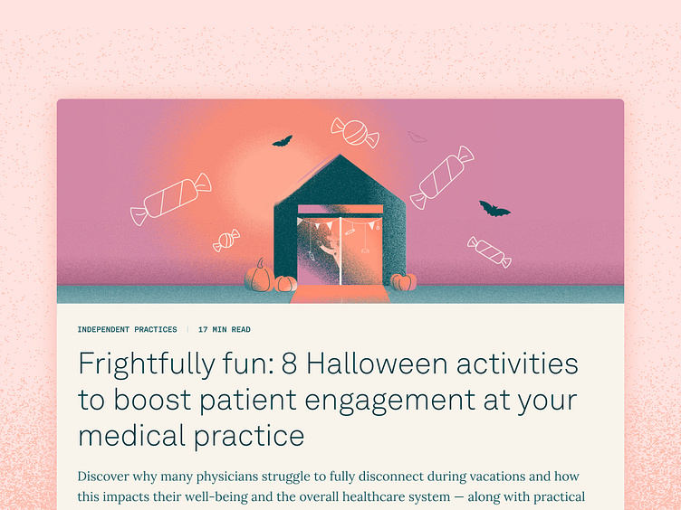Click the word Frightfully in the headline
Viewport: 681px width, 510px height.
tap(147, 365)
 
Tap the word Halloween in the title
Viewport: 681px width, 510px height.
tap(377, 364)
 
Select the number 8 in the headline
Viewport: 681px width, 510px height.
tap(289, 364)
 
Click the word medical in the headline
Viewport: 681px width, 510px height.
tap(132, 436)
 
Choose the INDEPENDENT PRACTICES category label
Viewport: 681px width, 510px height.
tap(128, 329)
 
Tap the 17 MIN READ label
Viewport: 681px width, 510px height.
tap(224, 329)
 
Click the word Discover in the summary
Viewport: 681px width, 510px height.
tap(103, 477)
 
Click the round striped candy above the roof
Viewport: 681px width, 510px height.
tap(355, 132)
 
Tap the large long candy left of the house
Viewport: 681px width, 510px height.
tap(171, 199)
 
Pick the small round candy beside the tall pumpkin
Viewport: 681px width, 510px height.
tap(226, 241)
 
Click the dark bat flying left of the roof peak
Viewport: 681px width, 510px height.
tap(283, 141)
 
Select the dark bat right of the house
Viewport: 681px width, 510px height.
tap(494, 209)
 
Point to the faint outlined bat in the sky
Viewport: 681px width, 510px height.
tap(417, 137)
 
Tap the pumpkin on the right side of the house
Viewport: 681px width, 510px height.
tap(404, 282)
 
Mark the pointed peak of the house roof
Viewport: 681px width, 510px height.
tap(340, 155)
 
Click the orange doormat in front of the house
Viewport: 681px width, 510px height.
tap(340, 294)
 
